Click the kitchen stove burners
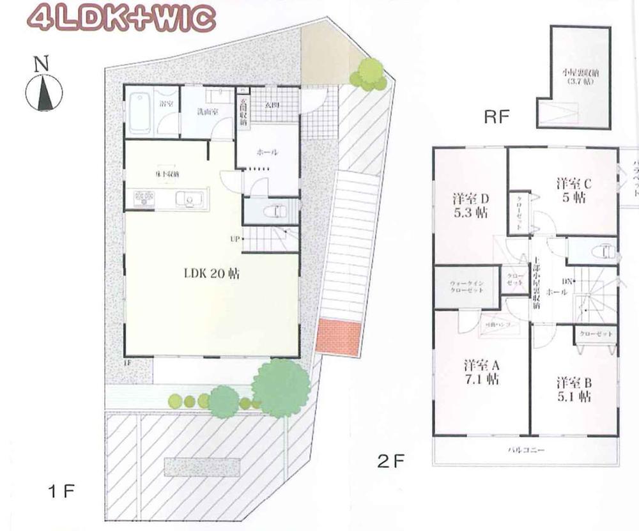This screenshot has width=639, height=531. click(144, 199)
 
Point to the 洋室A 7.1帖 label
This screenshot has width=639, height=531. click(482, 373)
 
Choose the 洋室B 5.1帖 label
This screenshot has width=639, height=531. click(573, 389)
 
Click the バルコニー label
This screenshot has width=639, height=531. click(527, 450)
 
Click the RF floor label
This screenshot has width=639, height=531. click(498, 117)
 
